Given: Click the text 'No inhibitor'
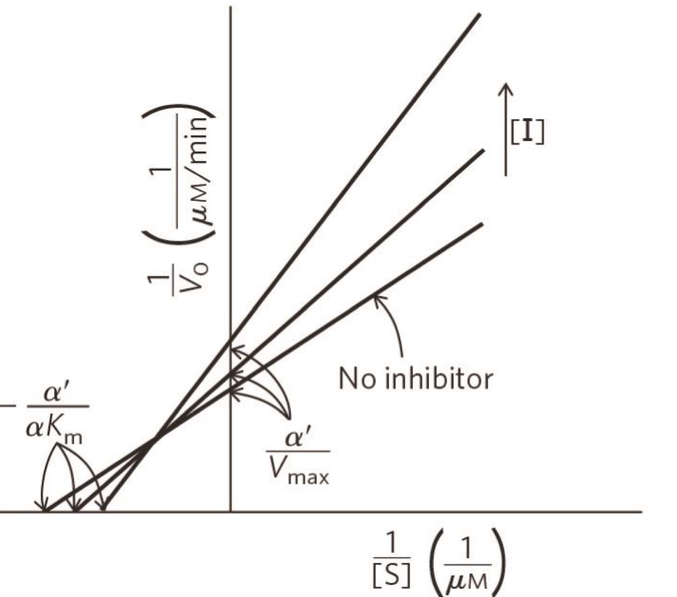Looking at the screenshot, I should (416, 378).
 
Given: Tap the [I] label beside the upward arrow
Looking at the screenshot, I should (526, 134).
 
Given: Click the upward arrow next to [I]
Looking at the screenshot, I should (506, 128).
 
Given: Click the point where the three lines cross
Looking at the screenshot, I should (154, 441).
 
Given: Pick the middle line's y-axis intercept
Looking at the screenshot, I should (231, 374).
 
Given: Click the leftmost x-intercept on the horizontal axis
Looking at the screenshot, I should (47, 512).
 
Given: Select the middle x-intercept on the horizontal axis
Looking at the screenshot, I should (76, 512).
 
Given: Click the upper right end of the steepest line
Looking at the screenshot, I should (479, 15).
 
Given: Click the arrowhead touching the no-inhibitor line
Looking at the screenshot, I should (375, 297).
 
